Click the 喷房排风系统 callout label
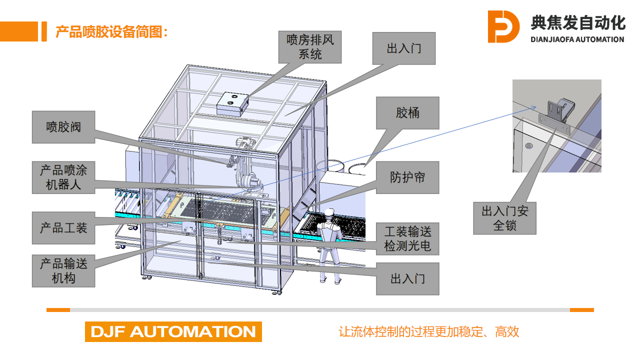[x=310, y=47]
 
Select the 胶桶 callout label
[x=407, y=113]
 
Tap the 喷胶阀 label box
[x=64, y=127]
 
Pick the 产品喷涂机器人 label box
[x=64, y=177]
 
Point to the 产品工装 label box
[x=64, y=228]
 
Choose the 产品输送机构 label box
[x=64, y=271]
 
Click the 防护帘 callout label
[x=407, y=177]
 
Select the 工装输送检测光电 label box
[x=407, y=239]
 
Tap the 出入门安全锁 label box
[x=504, y=218]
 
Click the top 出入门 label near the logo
[x=404, y=49]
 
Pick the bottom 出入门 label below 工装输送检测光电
[x=407, y=279]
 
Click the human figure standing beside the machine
[x=329, y=246]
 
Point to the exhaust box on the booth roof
[x=232, y=104]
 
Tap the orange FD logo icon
[x=503, y=27]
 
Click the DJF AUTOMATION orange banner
[x=173, y=331]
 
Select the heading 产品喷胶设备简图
[x=111, y=32]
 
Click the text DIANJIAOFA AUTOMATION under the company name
[x=577, y=40]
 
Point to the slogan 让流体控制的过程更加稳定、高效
[x=429, y=332]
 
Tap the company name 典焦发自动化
[x=578, y=22]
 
